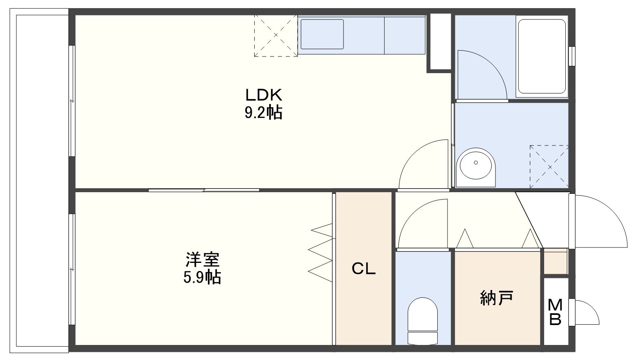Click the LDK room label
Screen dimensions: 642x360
[x=264, y=95]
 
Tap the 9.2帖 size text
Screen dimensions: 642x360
[x=264, y=113]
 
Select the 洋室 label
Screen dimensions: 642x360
[x=202, y=260]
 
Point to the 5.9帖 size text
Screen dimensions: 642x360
[x=202, y=277]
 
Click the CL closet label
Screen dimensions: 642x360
[x=363, y=269]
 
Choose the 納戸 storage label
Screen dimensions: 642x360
[x=496, y=298]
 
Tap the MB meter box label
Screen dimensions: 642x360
[x=555, y=312]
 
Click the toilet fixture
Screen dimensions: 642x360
[x=422, y=321]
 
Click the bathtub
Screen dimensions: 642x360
[x=542, y=56]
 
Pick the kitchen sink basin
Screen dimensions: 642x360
[x=322, y=34]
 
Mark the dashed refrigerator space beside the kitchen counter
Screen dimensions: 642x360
[x=276, y=36]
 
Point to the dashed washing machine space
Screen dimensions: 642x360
[x=549, y=167]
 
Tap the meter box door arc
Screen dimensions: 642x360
[x=592, y=307]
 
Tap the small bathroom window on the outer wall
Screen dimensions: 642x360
[x=572, y=56]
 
